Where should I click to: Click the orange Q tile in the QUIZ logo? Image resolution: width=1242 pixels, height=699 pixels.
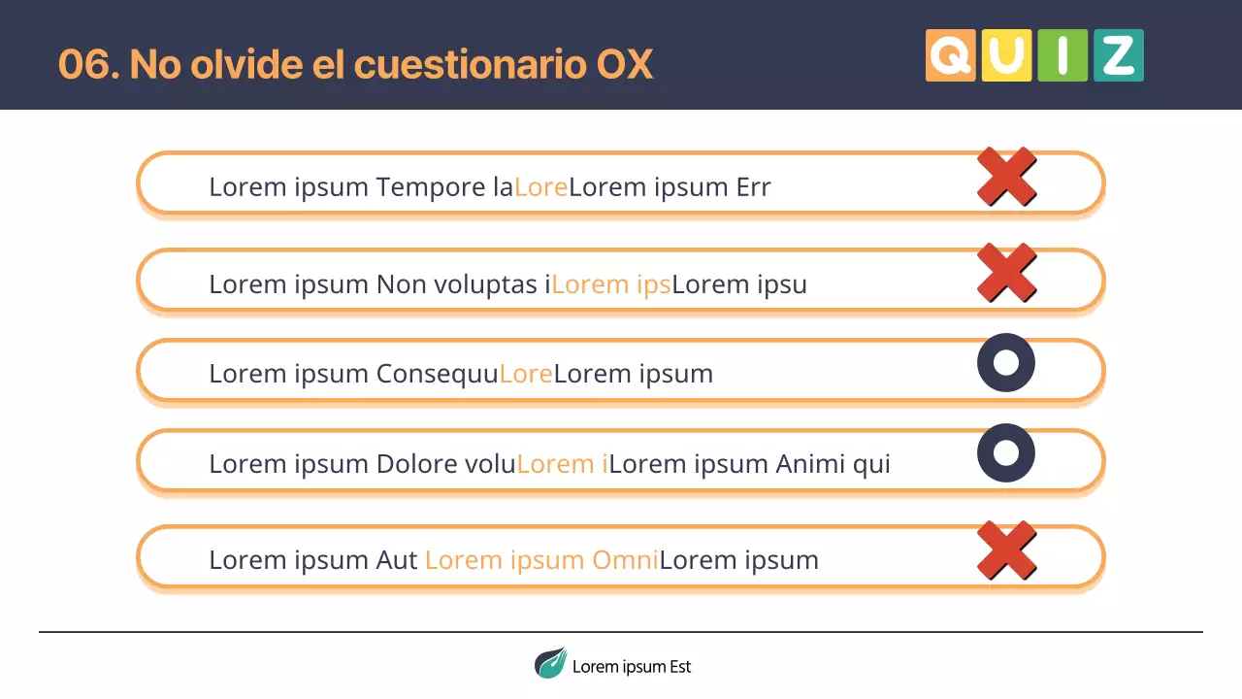(x=950, y=55)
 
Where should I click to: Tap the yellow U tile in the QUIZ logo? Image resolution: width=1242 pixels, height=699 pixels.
(x=1006, y=55)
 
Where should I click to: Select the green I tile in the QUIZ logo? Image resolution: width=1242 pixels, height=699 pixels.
(x=1062, y=55)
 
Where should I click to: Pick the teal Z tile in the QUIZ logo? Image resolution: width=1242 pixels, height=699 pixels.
(x=1119, y=55)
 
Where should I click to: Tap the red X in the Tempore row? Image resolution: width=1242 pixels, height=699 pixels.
(x=1006, y=177)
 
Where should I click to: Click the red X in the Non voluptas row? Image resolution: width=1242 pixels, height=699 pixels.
(x=1006, y=272)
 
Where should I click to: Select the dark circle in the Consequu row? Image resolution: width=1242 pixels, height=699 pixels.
(x=1006, y=363)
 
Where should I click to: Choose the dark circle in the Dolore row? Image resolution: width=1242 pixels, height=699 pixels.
(x=1006, y=452)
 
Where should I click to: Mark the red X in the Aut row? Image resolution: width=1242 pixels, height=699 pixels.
(x=1006, y=550)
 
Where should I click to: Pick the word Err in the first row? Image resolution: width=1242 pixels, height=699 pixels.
(x=753, y=186)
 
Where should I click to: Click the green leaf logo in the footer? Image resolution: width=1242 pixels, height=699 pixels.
(x=550, y=664)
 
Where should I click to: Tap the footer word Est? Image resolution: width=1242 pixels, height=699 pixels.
(x=679, y=667)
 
